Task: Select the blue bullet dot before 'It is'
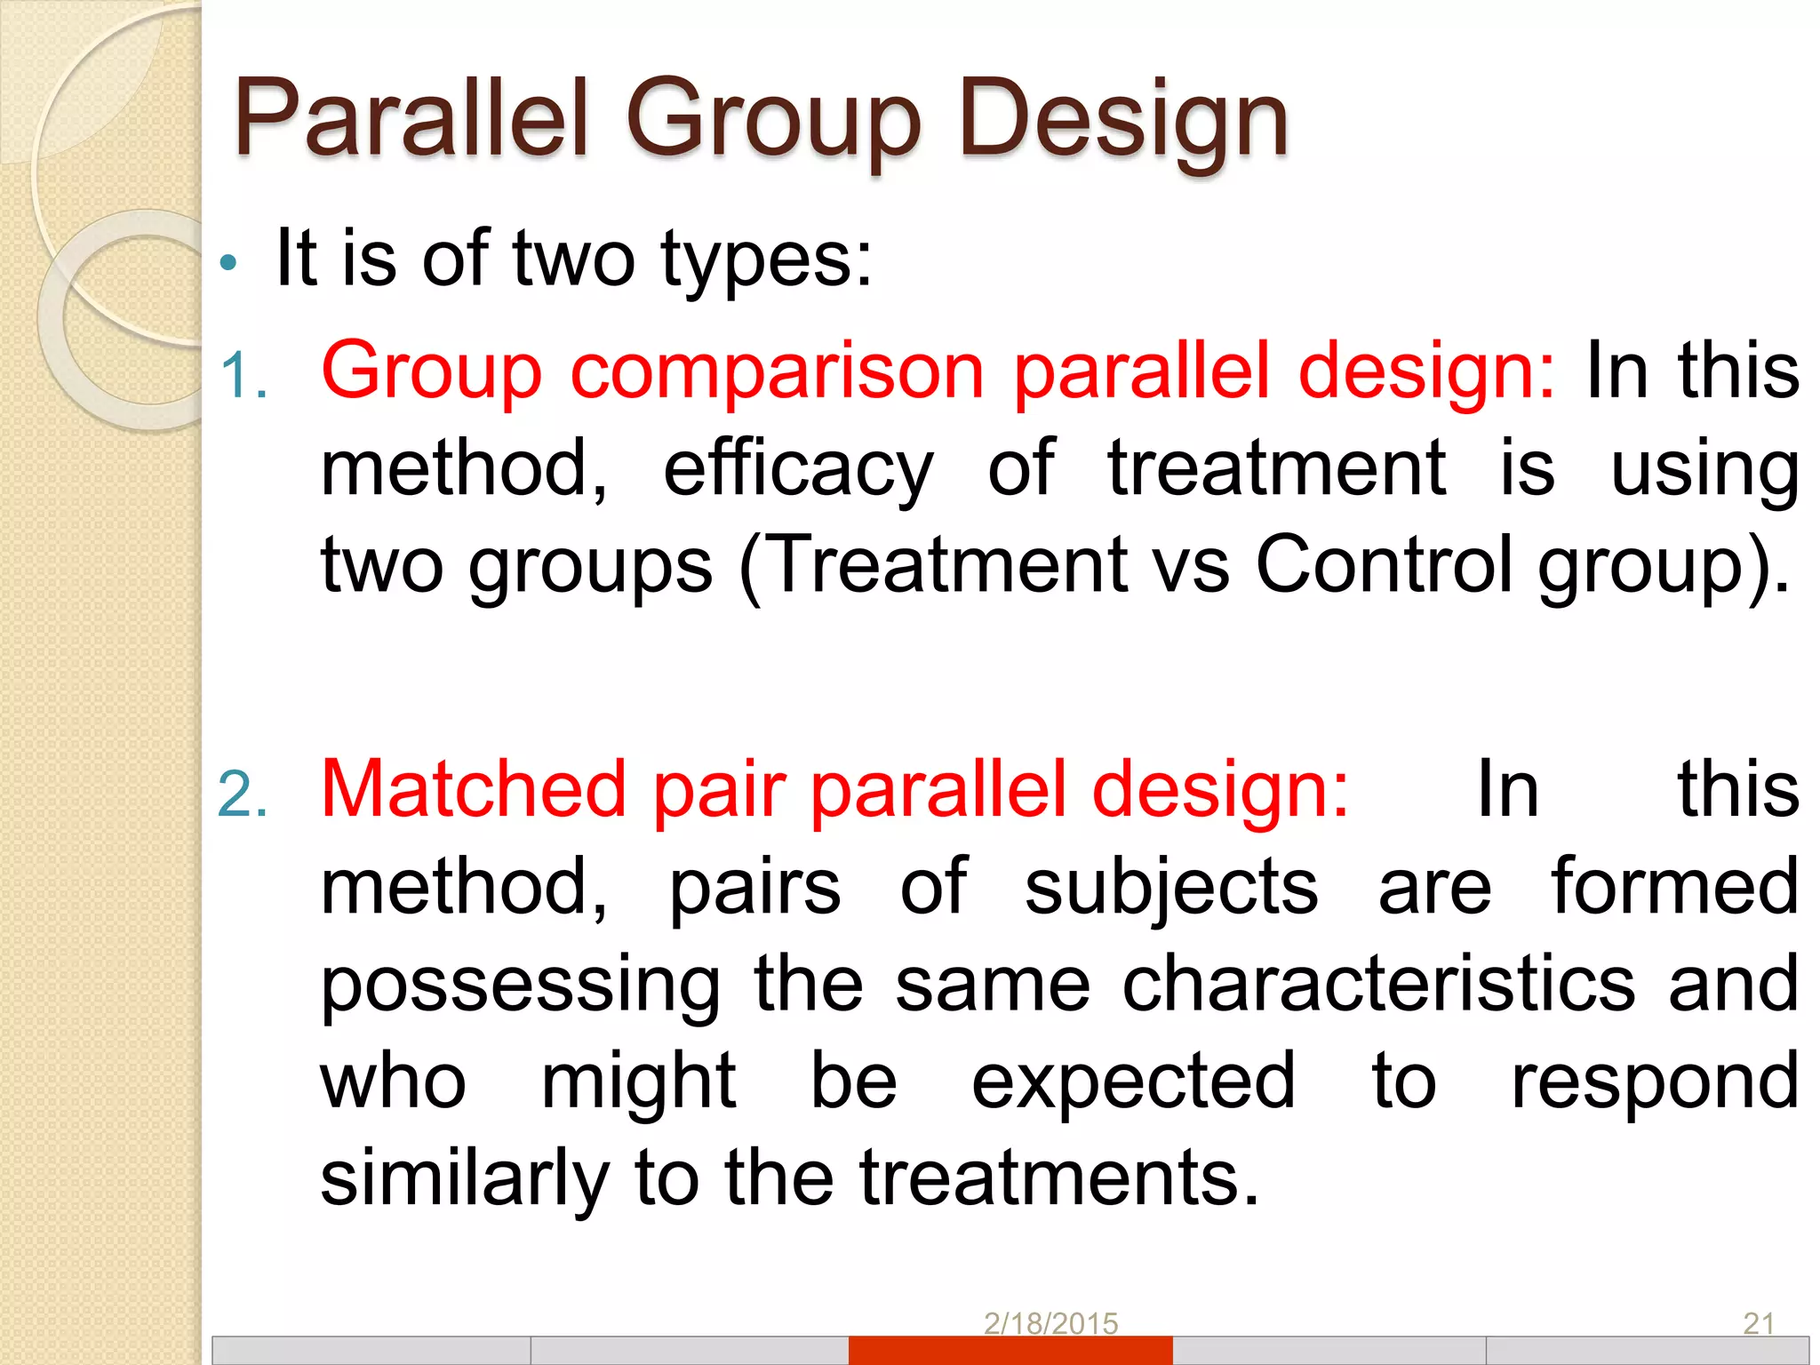229,262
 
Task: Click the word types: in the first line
767,259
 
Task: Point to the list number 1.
243,376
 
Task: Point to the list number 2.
243,794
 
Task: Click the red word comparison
776,371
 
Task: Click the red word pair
720,791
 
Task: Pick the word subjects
1170,889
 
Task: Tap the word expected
1133,1083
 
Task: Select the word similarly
464,1179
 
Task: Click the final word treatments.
1059,1177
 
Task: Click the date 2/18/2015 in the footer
1050,1323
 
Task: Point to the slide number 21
1758,1323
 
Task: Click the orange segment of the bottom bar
1010,1351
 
